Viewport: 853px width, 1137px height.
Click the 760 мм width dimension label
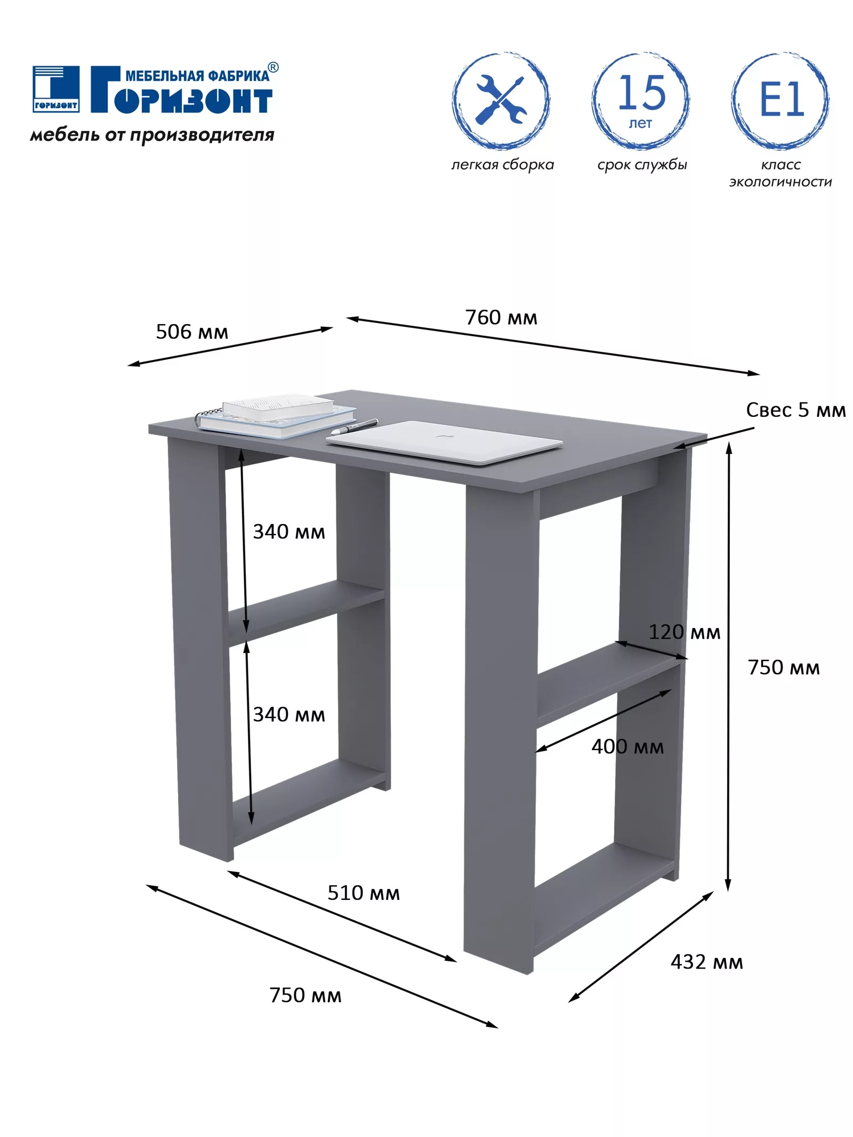(501, 317)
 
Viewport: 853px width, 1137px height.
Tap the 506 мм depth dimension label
(192, 332)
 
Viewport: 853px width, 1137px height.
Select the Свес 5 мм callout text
(795, 409)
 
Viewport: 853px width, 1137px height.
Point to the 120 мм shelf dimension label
(685, 632)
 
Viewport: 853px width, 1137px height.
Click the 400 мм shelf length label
(627, 746)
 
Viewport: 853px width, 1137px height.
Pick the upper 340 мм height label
(289, 531)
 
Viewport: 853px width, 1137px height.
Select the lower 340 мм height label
(289, 714)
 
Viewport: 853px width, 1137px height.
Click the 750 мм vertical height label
(784, 667)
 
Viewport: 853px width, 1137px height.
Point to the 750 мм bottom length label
(305, 995)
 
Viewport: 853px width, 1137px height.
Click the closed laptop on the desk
(444, 442)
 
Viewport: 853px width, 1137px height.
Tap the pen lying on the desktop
(354, 427)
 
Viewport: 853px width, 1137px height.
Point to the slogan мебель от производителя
(152, 135)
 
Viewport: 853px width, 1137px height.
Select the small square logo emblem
(56, 89)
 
